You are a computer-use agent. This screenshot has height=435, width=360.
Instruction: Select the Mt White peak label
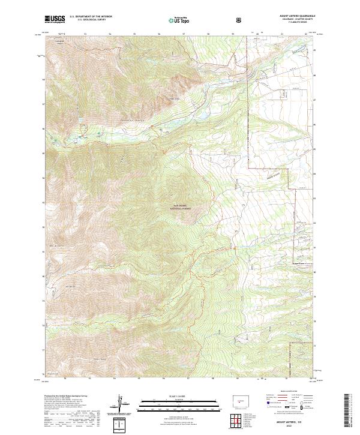coord(70,287)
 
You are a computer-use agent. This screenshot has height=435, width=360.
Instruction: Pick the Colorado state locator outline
coord(241,400)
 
